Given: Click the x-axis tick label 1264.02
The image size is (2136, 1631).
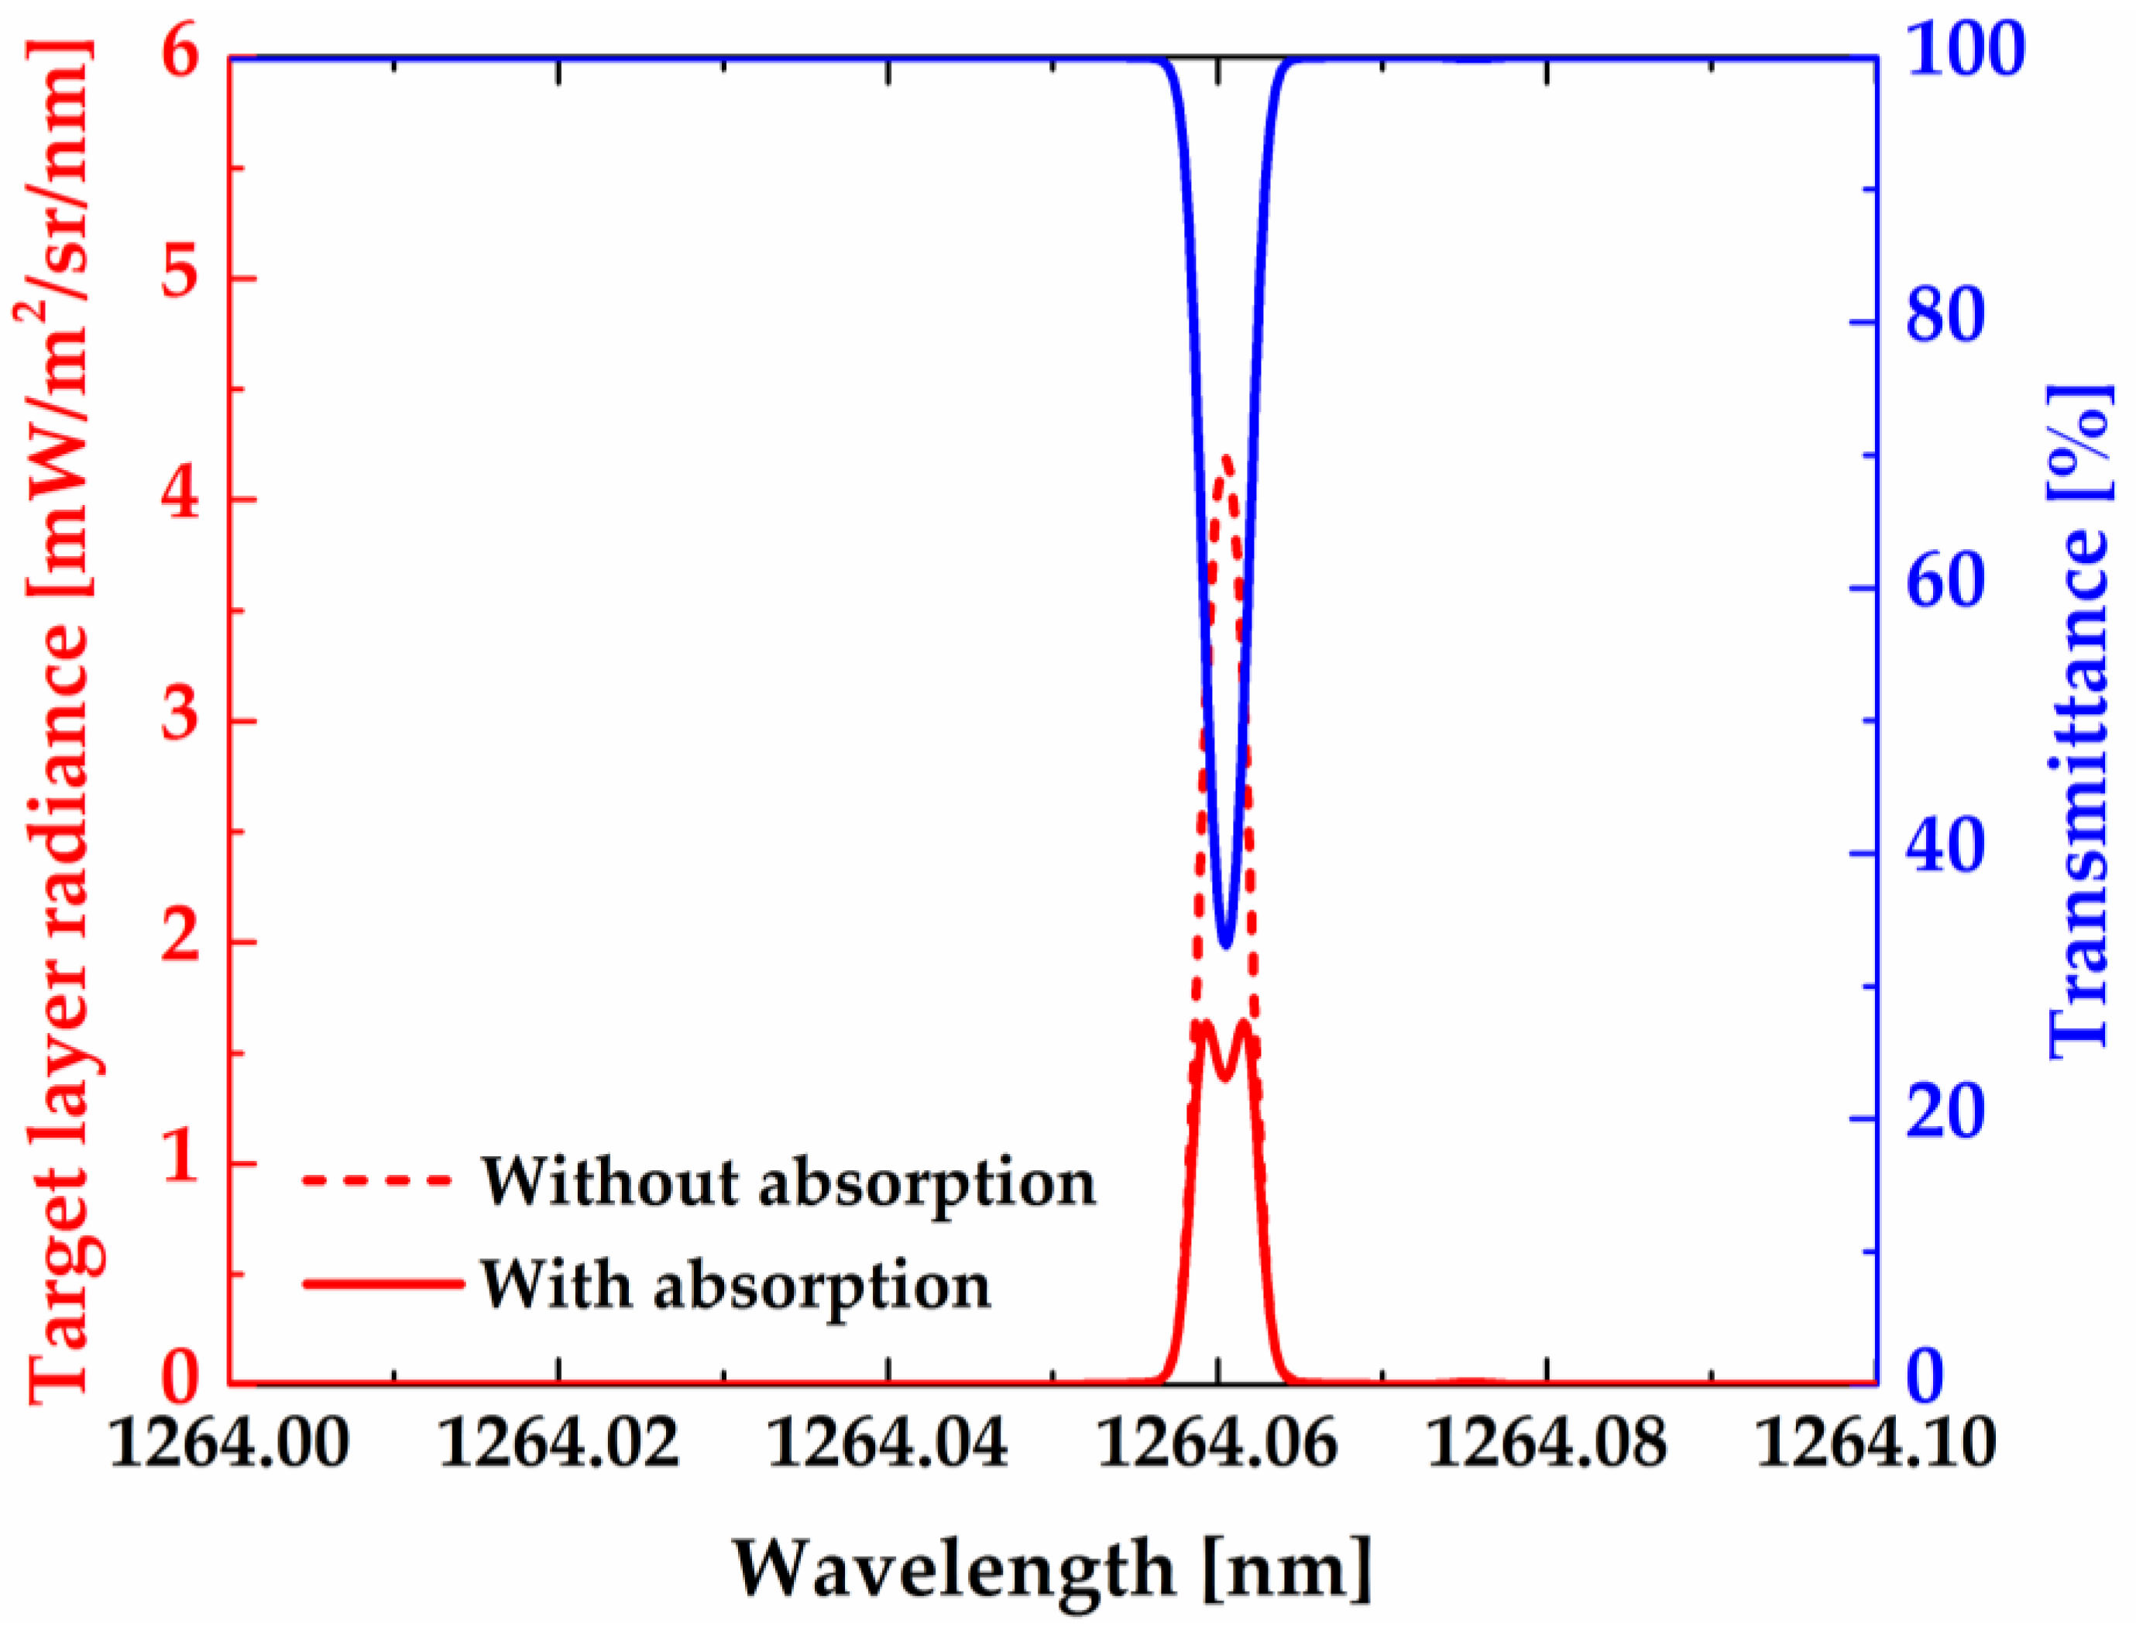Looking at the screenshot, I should [x=559, y=1444].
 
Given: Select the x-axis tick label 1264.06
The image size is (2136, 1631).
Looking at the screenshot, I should [x=1217, y=1444].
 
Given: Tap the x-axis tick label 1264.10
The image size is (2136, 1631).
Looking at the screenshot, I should [x=1876, y=1444].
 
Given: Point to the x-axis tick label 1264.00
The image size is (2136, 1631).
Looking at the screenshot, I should [x=229, y=1444].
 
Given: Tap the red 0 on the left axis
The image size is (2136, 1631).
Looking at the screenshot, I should [x=180, y=1378].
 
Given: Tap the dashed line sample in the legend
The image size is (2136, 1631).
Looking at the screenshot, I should [x=379, y=1180].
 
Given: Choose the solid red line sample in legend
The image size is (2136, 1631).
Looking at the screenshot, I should [x=383, y=1283].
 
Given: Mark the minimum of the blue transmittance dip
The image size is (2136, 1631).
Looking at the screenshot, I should [x=1225, y=943].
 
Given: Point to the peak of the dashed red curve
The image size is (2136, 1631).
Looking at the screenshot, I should [x=1225, y=456].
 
